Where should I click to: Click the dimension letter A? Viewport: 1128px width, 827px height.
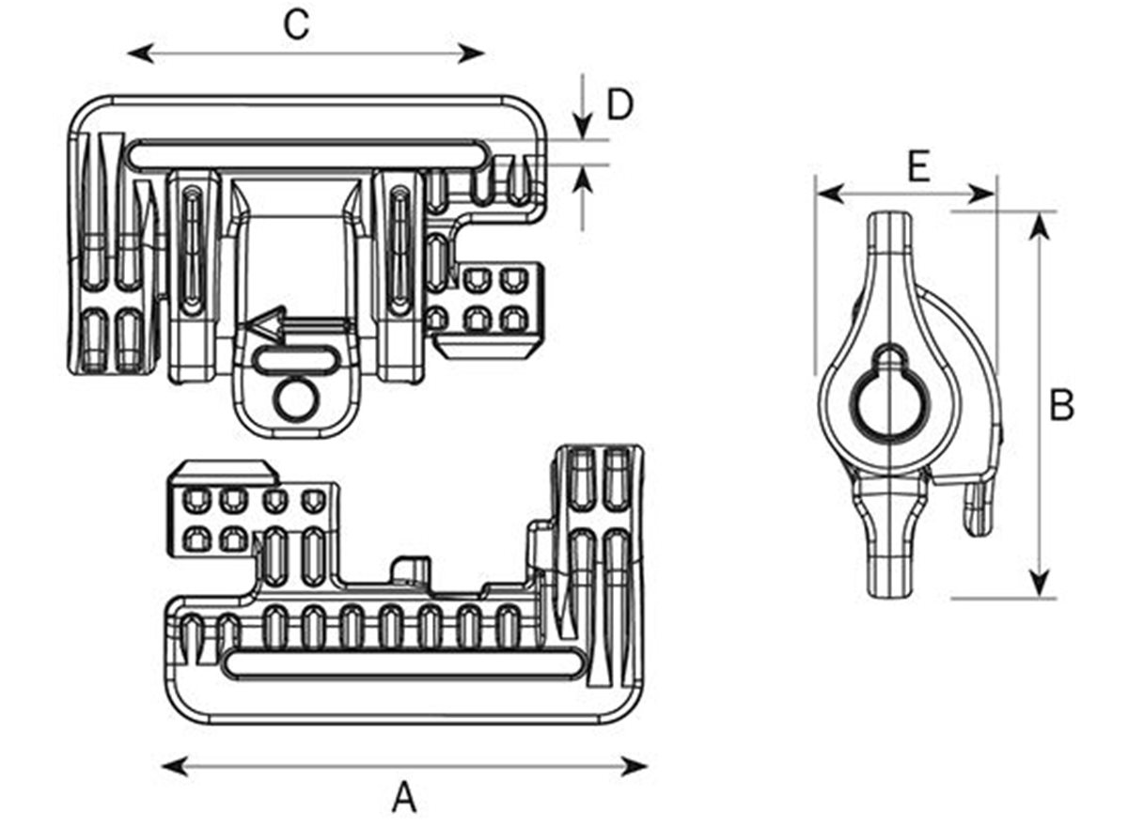click(x=404, y=798)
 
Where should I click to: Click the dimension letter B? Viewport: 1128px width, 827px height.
click(x=1061, y=406)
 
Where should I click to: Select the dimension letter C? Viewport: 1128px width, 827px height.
click(x=296, y=25)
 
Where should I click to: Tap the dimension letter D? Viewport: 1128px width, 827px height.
click(x=619, y=105)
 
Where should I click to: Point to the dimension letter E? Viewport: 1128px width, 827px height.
click(x=918, y=166)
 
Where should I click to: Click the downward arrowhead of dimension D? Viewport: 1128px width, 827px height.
click(x=584, y=128)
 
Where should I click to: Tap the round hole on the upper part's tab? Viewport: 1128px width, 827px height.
click(x=293, y=398)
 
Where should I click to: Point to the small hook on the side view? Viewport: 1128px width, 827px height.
click(x=979, y=508)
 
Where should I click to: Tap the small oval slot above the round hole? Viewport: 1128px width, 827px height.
click(x=295, y=359)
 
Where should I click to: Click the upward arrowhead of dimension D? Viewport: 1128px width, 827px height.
click(x=584, y=176)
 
